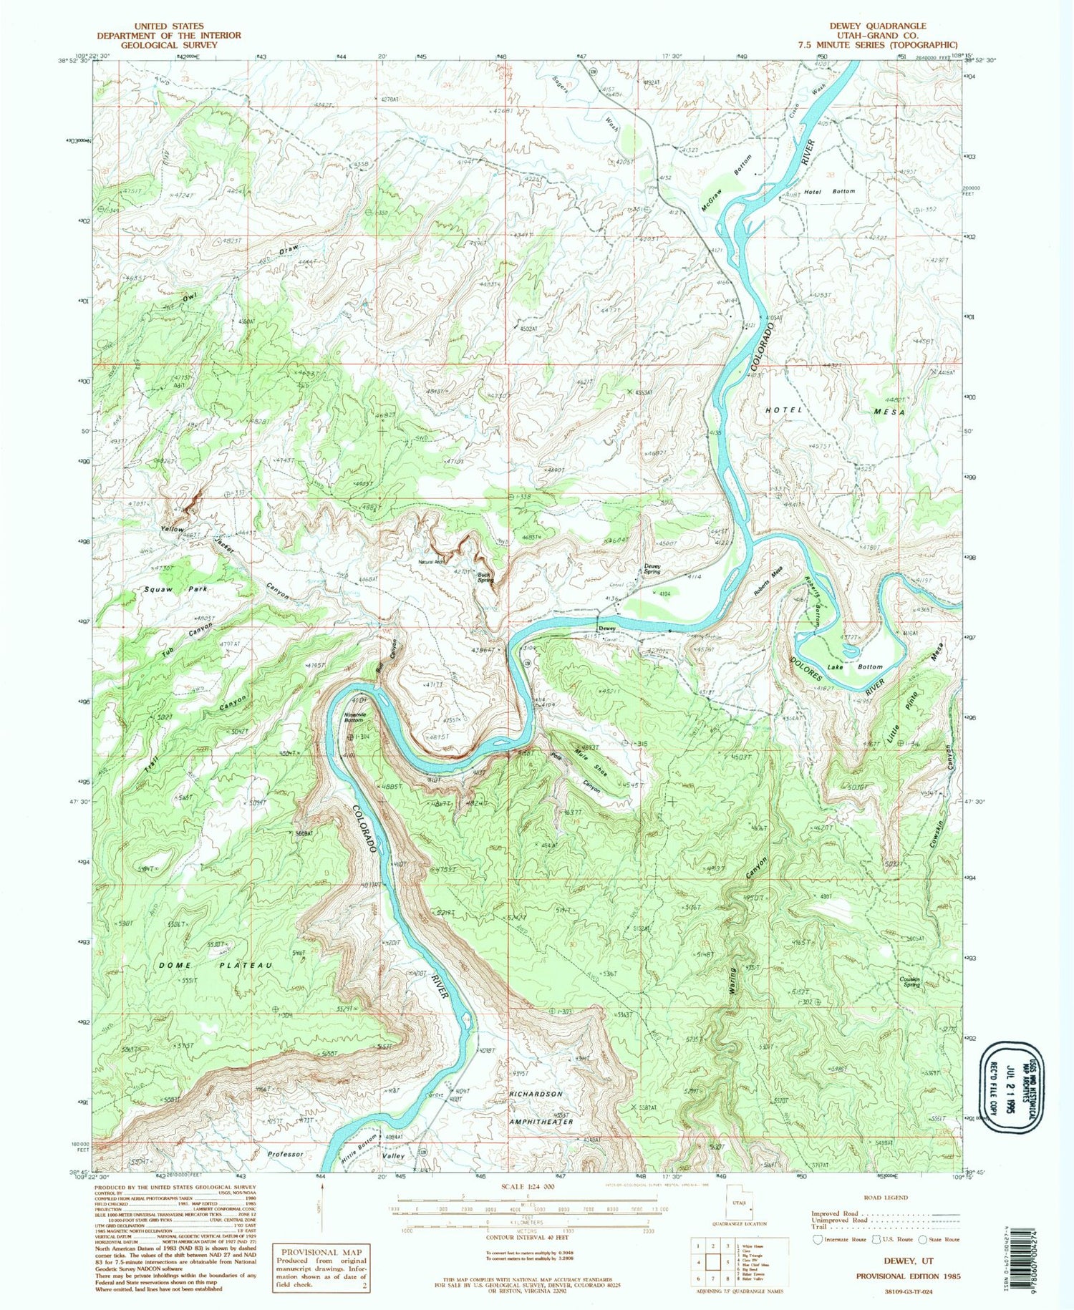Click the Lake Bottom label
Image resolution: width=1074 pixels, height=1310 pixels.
point(854,666)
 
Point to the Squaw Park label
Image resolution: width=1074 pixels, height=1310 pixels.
point(175,589)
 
